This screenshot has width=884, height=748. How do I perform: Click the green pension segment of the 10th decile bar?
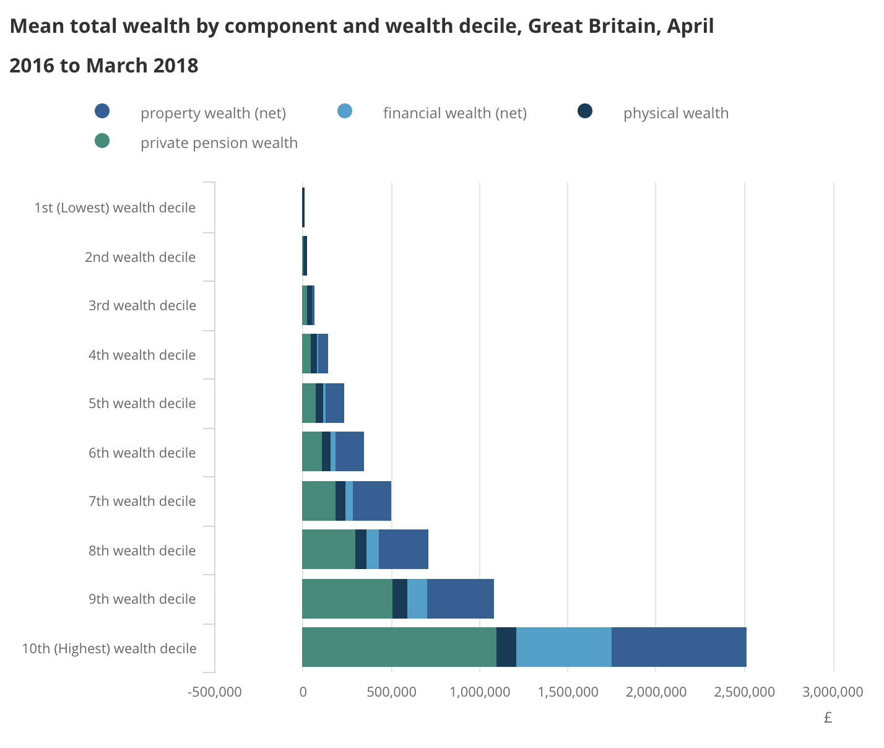(x=399, y=647)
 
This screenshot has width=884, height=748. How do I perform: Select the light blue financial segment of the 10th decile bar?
(x=563, y=647)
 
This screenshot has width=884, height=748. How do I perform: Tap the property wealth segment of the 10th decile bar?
(x=678, y=647)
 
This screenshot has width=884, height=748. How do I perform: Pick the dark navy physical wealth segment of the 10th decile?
(x=506, y=647)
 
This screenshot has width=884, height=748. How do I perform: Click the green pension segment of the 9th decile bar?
(x=347, y=599)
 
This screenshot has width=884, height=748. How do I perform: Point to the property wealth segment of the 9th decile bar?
(x=460, y=599)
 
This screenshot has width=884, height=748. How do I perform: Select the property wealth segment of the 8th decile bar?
(x=403, y=549)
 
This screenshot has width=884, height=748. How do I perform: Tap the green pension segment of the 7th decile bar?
(x=318, y=501)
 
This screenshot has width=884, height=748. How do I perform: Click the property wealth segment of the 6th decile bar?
(x=349, y=452)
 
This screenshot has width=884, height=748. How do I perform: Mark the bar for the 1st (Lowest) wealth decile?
(x=303, y=207)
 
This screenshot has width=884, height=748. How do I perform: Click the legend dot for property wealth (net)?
(x=102, y=111)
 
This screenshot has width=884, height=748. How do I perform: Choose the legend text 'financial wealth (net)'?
(x=454, y=113)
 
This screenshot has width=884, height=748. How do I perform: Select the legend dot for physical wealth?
(x=584, y=111)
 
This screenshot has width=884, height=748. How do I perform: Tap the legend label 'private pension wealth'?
(x=219, y=143)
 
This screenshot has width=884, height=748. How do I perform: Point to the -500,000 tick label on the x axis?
(x=214, y=692)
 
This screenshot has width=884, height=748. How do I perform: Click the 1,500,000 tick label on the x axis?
(x=568, y=692)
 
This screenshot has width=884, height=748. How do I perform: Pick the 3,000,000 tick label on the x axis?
(x=833, y=692)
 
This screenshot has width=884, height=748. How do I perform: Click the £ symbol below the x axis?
(x=828, y=718)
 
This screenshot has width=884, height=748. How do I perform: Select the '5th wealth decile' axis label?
(x=142, y=404)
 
